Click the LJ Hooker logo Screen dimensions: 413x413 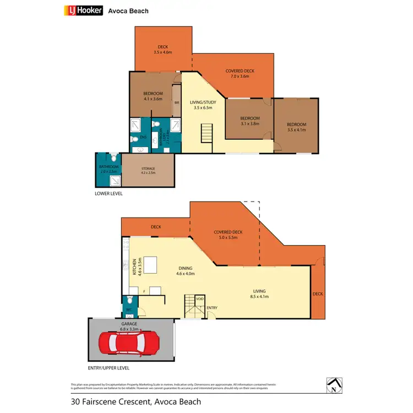pyautogui.click(x=83, y=10)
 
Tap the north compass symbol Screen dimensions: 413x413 pyautogui.click(x=333, y=385)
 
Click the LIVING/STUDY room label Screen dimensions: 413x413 pyautogui.click(x=203, y=105)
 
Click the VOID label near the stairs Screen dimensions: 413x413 pyautogui.click(x=199, y=300)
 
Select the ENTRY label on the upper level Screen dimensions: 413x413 pyautogui.click(x=212, y=307)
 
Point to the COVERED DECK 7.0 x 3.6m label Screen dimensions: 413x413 pyautogui.click(x=240, y=74)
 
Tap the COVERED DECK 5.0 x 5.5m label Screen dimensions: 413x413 pyautogui.click(x=228, y=235)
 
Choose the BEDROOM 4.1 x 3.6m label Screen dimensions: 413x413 pyautogui.click(x=153, y=96)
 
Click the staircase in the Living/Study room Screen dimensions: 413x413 pyautogui.click(x=206, y=133)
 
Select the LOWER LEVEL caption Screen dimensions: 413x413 pyautogui.click(x=108, y=194)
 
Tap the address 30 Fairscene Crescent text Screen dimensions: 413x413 pyautogui.click(x=136, y=402)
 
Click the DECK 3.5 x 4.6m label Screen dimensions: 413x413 pyautogui.click(x=162, y=50)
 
